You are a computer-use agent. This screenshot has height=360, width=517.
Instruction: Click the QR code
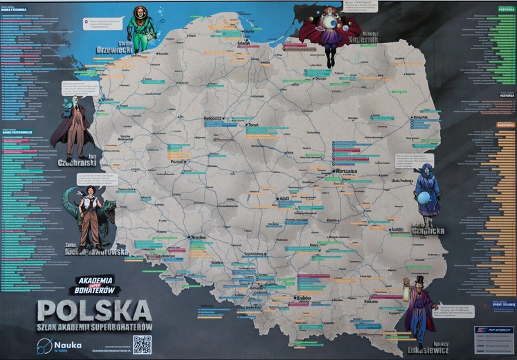142,344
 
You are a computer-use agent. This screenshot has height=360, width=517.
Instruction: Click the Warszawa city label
344,171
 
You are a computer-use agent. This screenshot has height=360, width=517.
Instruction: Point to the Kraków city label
302,298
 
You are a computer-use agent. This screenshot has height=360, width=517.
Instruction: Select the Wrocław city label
199,237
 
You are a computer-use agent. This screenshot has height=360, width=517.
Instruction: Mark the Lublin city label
397,229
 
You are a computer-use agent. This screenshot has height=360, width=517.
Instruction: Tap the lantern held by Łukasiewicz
406,283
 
